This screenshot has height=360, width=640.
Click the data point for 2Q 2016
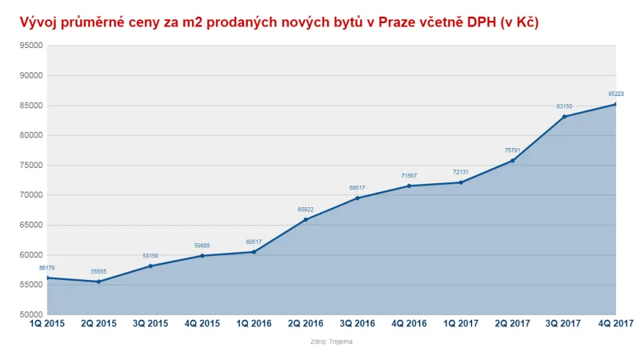tap(306, 219)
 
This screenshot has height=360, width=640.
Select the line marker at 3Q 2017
tap(565, 117)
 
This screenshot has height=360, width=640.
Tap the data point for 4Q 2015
tap(202, 255)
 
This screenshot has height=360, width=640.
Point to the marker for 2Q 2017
tap(513, 161)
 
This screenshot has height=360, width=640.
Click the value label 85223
tap(615, 94)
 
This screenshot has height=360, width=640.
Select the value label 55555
tap(98, 272)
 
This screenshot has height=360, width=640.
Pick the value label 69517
tap(357, 188)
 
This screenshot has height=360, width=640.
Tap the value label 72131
tap(461, 173)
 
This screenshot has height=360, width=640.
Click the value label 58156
tap(150, 256)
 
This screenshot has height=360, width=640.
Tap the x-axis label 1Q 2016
tap(254, 324)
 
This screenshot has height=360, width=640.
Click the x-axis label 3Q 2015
tap(150, 324)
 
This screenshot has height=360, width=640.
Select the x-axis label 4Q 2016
tap(409, 324)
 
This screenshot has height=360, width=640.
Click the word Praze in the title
tap(394, 22)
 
